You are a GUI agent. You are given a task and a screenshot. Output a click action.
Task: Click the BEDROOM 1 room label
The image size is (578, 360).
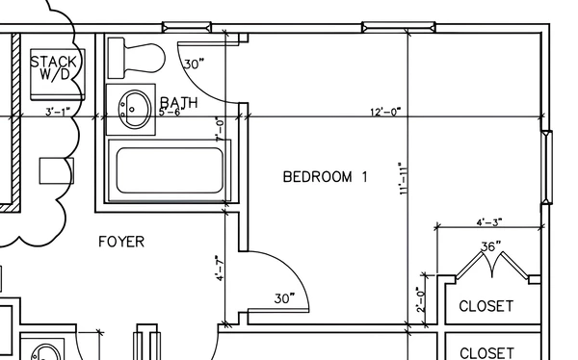coord(326,176)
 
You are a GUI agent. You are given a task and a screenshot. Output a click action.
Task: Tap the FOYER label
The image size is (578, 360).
coord(121,242)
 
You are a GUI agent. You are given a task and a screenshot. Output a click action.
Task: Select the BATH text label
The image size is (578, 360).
coord(179,101)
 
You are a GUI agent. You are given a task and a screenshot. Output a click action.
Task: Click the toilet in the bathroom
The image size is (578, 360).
coord(136,57)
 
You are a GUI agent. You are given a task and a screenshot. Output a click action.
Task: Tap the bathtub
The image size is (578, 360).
coord(165,170)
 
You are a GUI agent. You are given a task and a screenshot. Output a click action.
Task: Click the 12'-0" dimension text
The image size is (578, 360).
coord(384,112)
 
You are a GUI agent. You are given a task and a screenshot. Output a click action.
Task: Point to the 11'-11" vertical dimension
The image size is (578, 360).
coord(403,178)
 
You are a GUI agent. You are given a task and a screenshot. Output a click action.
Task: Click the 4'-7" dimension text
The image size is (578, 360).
coord(221,268)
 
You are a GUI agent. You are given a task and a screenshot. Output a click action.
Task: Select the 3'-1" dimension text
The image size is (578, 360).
coord(59,112)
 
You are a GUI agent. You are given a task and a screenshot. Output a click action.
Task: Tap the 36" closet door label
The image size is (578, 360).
coord(491,246)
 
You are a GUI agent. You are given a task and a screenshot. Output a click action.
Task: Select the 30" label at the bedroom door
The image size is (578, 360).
coord(283,298)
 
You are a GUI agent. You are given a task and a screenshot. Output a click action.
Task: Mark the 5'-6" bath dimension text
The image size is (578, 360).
coord(170,112)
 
